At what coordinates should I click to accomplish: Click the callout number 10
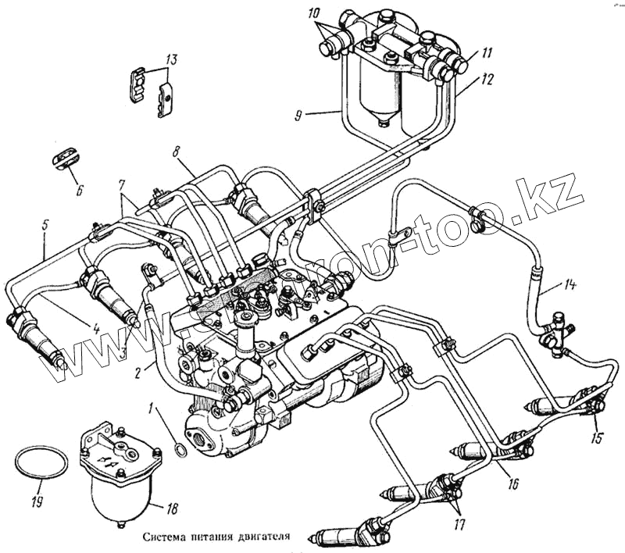(313, 15)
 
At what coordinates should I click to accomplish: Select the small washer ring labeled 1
(180, 449)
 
